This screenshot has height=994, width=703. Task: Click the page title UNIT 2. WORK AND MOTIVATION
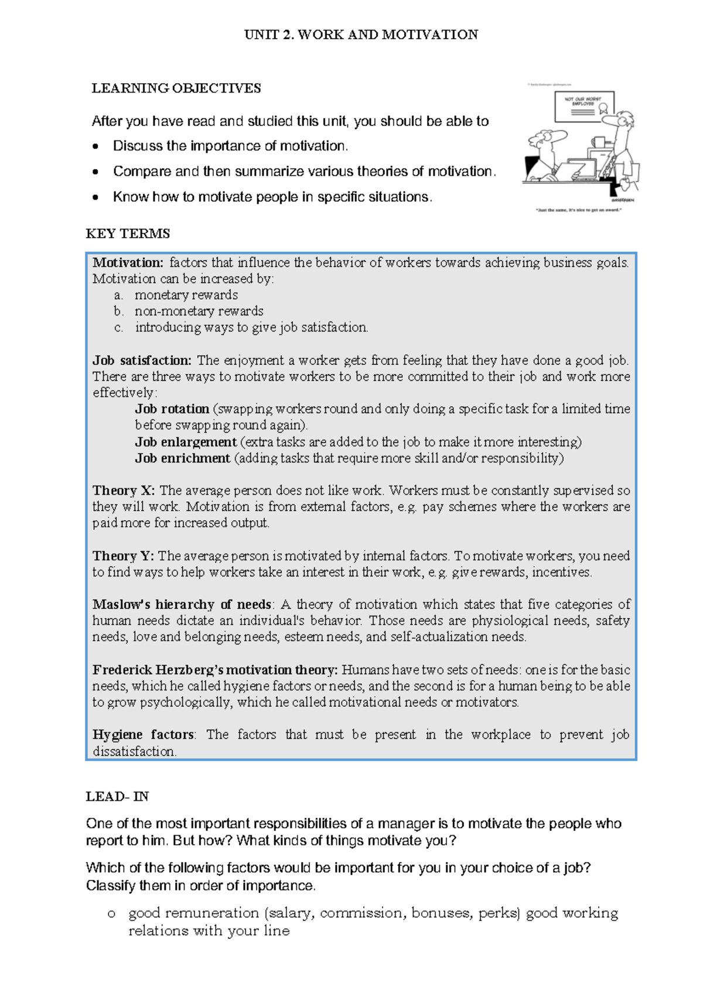[361, 35]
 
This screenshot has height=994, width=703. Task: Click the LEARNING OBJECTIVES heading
[176, 88]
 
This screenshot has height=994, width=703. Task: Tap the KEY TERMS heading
[128, 234]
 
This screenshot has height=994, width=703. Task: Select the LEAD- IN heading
[117, 796]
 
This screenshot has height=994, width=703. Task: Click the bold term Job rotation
[172, 409]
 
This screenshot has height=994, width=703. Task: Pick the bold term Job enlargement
[186, 441]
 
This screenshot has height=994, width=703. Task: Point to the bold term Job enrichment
[182, 458]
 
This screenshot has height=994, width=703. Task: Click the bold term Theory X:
[124, 490]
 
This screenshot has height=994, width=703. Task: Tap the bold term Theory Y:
[123, 556]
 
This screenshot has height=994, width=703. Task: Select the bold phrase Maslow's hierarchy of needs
[182, 604]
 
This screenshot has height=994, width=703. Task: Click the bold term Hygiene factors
[144, 734]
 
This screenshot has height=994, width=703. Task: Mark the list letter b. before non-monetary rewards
[119, 311]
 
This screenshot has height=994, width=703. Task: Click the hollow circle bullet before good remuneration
[111, 914]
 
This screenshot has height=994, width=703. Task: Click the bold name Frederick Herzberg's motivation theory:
[214, 670]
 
